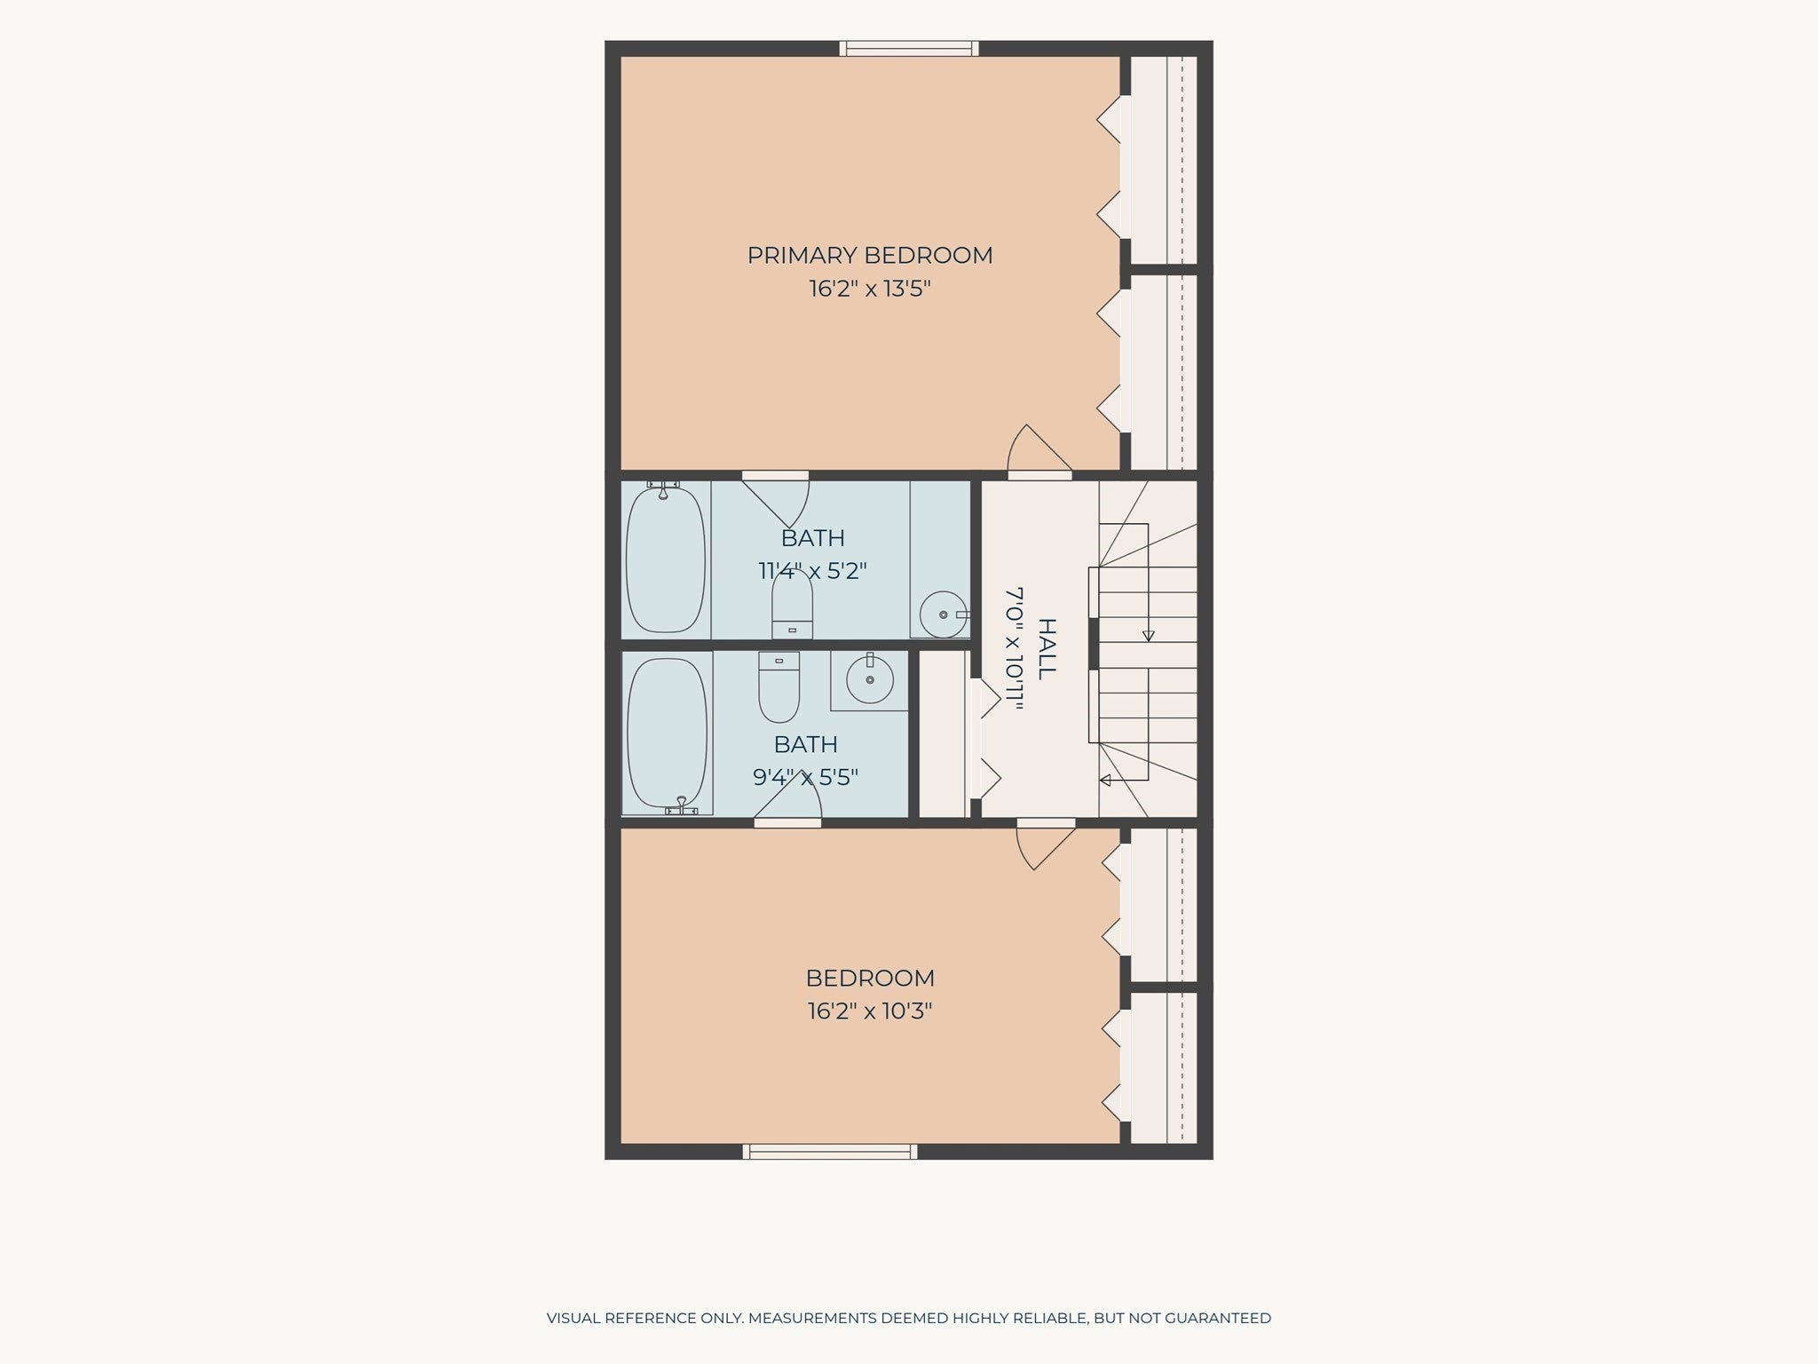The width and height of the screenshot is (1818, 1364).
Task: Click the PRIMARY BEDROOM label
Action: pos(870,256)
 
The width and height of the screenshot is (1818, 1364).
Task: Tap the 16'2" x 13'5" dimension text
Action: pos(870,289)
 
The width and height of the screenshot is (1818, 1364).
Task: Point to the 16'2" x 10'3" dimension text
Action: pos(870,1011)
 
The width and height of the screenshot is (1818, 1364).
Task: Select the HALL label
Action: pos(1047,649)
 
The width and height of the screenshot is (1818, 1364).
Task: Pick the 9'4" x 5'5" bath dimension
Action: pos(806,778)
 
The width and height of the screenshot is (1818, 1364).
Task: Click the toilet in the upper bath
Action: pos(793,603)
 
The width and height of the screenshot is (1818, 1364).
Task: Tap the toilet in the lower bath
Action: pos(779,687)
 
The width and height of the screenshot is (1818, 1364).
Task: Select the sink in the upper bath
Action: pos(944,614)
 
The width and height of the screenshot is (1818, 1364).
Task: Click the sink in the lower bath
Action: pos(870,681)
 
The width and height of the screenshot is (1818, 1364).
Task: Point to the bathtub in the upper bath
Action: pos(666,559)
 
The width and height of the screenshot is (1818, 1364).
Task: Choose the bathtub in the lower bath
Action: pos(668,733)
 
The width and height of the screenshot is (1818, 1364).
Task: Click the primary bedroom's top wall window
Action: pos(909,49)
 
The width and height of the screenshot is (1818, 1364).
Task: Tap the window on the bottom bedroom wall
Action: pos(830,1152)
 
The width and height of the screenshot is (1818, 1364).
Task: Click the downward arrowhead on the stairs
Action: pos(1149,636)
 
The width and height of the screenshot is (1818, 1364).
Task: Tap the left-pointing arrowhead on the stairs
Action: pos(1105,781)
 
